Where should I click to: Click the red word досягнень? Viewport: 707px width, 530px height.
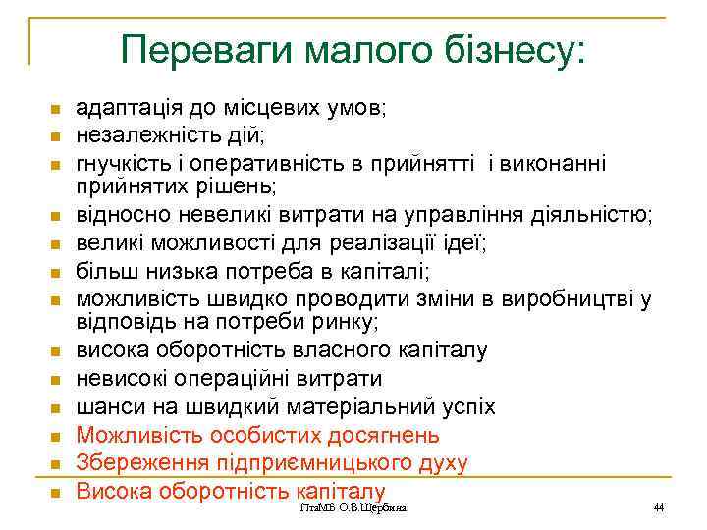click(381, 435)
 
